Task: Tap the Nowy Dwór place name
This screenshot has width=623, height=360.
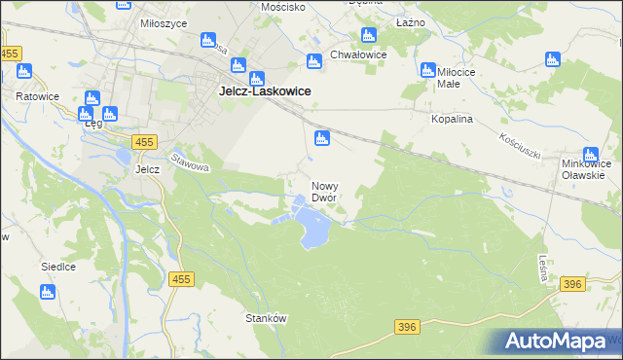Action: [324, 191]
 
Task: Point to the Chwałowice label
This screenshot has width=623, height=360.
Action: [358, 55]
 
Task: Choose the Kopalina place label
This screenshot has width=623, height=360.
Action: [452, 118]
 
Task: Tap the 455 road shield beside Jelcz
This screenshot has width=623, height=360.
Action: [145, 142]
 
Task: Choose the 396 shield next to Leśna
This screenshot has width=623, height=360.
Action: [572, 284]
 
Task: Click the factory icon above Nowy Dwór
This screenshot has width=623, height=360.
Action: [322, 139]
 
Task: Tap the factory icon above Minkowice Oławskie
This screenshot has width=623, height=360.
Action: [591, 154]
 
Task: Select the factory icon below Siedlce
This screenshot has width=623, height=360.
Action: [47, 291]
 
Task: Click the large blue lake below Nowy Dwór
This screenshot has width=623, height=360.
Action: [315, 230]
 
